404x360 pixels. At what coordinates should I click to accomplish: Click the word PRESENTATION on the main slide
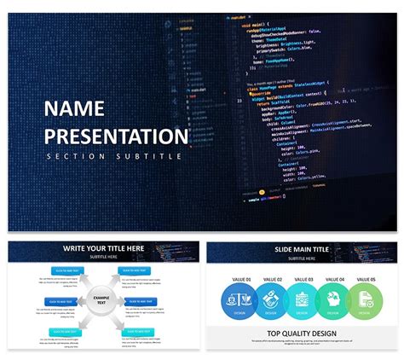(116, 136)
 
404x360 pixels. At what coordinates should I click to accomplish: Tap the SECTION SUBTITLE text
(113, 156)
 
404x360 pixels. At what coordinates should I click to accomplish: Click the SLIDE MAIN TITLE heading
(303, 248)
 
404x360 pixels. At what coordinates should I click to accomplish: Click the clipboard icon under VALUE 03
(302, 299)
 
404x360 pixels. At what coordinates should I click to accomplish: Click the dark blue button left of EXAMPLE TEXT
(59, 300)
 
